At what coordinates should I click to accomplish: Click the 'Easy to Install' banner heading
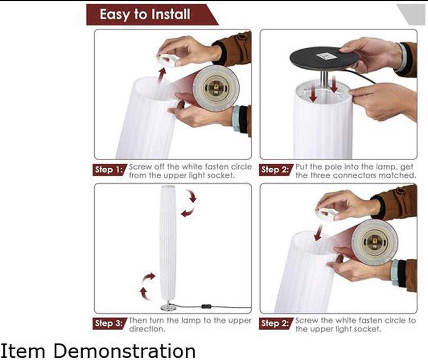point(145,14)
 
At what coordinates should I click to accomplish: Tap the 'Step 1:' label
point(109,170)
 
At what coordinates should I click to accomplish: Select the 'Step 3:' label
point(109,323)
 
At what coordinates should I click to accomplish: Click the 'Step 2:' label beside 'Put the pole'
point(275,170)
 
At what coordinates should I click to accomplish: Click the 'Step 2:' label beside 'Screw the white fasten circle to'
point(275,323)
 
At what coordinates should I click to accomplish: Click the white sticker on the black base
point(326,56)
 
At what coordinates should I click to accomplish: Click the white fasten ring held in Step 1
point(168,60)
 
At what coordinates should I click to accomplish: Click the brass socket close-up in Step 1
point(216,88)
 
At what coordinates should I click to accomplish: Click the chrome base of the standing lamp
point(168,307)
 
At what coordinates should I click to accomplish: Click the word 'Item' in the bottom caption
point(22,351)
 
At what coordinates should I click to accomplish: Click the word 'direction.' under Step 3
point(147,329)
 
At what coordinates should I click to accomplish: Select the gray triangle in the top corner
point(412,14)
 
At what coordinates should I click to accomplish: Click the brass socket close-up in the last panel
point(374,242)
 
